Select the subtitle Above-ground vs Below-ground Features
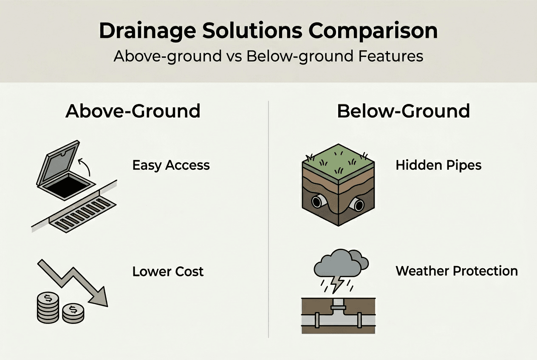268,56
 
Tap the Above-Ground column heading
133,111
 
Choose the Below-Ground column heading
403,111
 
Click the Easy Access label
171,165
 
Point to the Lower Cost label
168,271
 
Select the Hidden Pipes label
438,165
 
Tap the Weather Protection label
457,271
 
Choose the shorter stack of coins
73,313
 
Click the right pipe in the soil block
358,205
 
